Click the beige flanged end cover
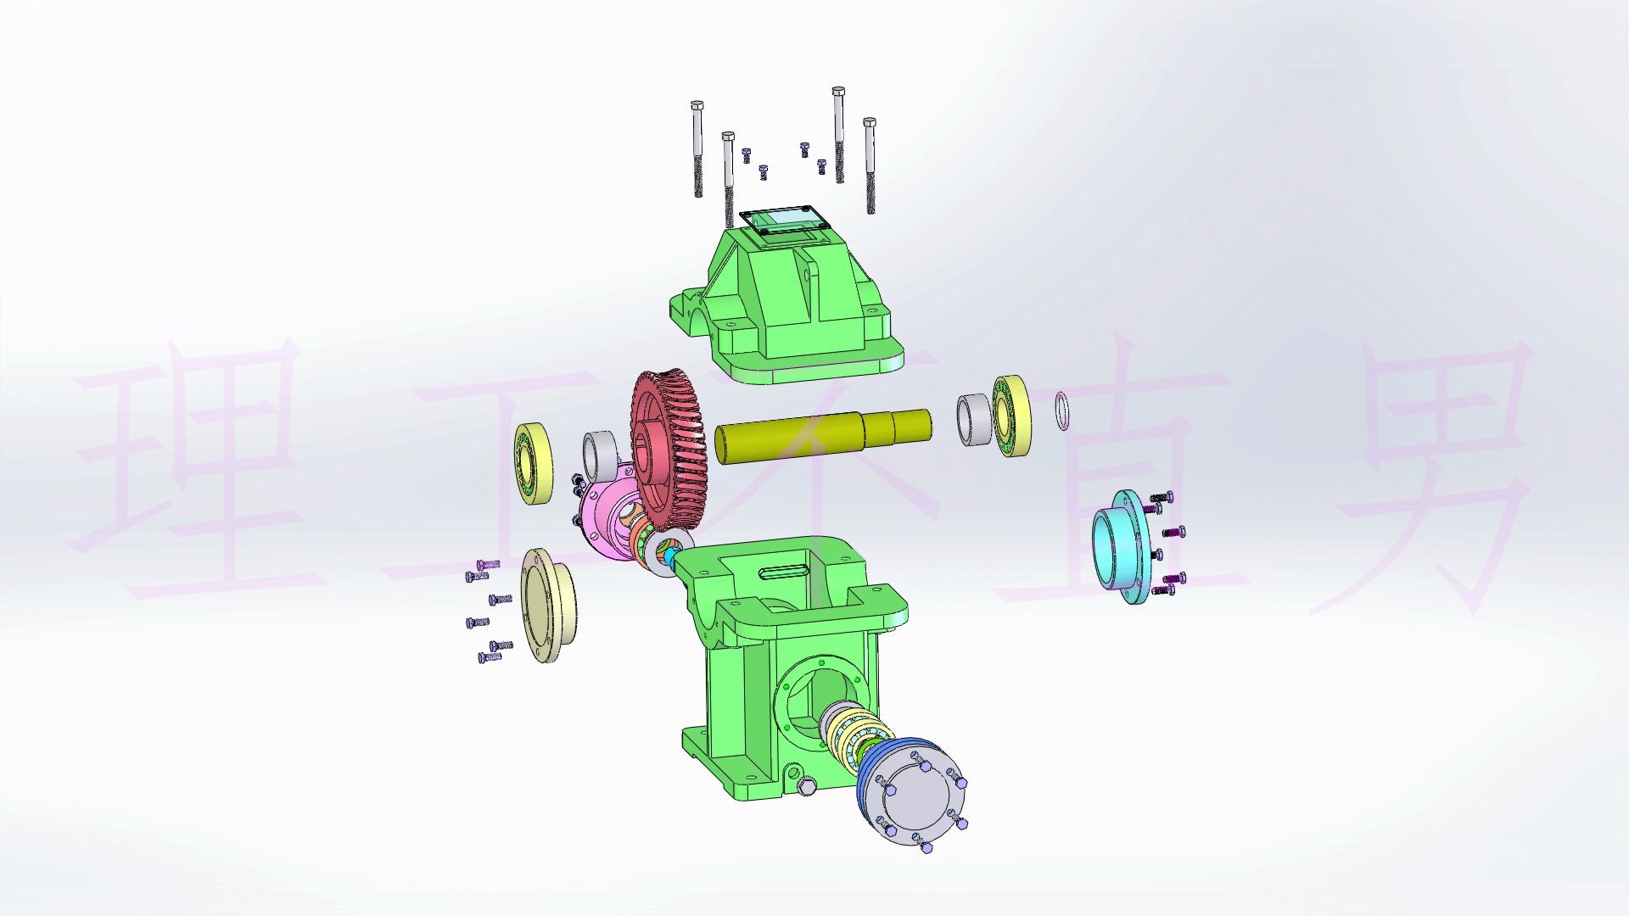point(547,604)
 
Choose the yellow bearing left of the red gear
point(534,463)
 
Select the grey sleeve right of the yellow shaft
point(973,419)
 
